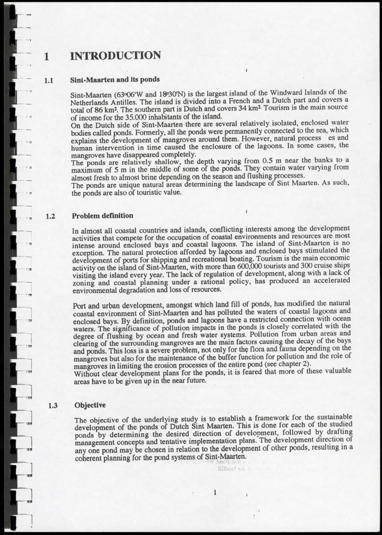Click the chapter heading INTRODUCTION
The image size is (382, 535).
115,56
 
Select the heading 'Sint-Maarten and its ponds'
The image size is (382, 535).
115,79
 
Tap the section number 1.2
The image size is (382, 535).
50,216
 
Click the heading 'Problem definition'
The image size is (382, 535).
102,215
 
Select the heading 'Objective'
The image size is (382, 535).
90,405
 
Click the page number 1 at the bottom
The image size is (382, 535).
216,492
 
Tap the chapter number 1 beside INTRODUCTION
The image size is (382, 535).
47,57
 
